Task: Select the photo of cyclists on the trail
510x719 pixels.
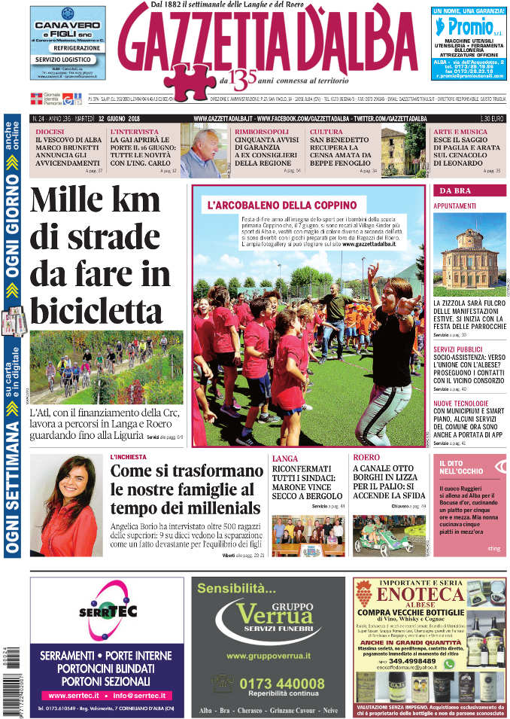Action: coord(106,367)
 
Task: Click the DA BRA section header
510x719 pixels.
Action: coord(457,190)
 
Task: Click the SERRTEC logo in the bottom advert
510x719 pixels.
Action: coord(107,611)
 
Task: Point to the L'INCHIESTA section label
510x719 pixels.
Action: coord(128,457)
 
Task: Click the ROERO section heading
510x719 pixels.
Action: coord(366,457)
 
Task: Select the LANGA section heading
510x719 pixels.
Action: coord(285,458)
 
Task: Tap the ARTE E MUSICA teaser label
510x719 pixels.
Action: coord(458,133)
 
